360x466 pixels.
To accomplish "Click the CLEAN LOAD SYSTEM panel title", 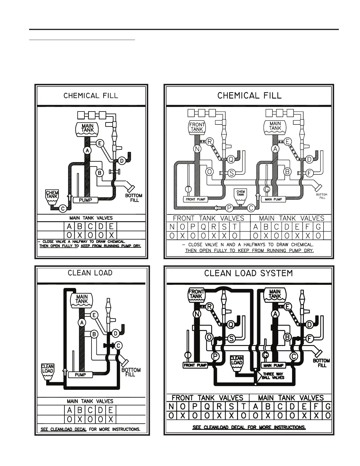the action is (249, 274).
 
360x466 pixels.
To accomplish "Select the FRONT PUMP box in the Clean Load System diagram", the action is (195, 365).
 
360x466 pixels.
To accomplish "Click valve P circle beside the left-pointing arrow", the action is (229, 208).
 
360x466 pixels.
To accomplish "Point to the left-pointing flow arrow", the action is (218, 208).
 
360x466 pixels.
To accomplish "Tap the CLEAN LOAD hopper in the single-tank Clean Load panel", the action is (47, 370).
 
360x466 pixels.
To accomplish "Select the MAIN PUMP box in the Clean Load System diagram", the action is (274, 365).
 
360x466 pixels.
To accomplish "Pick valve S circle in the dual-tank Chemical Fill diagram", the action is (231, 173).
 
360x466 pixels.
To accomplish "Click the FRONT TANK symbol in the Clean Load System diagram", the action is (196, 295).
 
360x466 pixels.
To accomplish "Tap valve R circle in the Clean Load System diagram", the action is (209, 307).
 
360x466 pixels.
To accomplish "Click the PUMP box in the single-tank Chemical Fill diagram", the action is (85, 200).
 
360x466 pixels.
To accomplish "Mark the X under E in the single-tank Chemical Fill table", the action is (112, 235).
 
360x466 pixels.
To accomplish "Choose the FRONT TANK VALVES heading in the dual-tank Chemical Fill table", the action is (209, 218).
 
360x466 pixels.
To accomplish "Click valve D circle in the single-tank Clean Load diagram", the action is (116, 333).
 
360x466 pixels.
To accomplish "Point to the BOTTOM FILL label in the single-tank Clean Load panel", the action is (131, 372).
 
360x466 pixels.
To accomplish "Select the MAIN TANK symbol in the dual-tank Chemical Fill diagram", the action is (275, 127).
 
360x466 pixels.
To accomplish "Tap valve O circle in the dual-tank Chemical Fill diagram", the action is (209, 172).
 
